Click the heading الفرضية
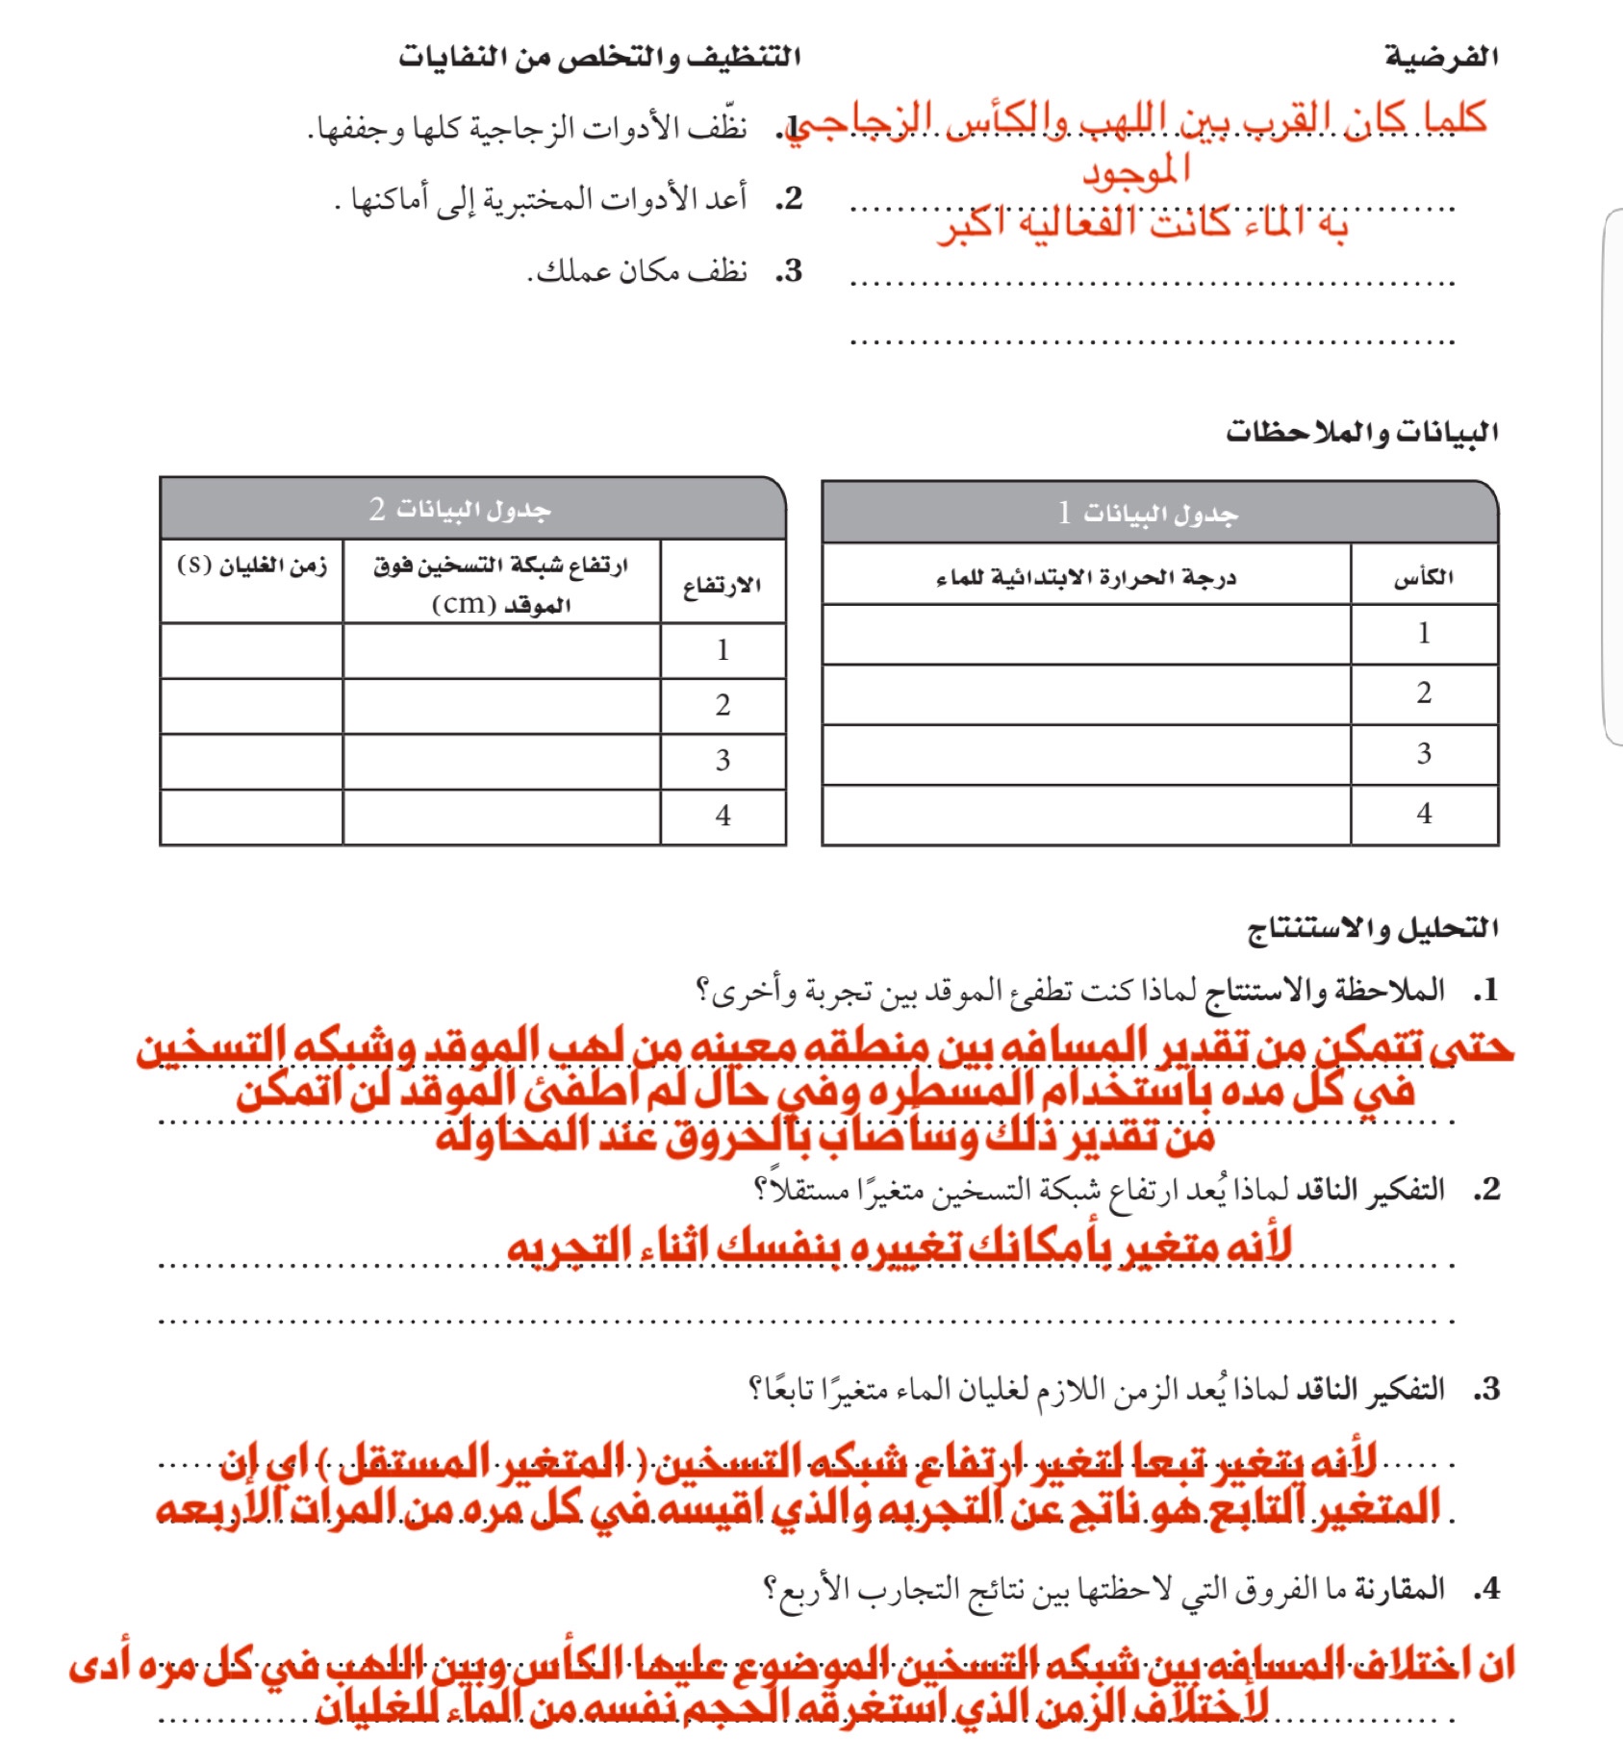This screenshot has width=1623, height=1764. point(1441,57)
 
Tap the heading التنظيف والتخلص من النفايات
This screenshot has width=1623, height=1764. point(599,57)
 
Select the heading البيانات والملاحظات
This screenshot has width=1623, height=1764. point(1361,433)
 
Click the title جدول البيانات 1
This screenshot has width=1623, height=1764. point(1148,513)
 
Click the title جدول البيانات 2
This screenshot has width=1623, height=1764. point(460,509)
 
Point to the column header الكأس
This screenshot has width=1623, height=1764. point(1424,577)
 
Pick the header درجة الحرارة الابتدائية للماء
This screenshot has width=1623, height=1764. point(1086,577)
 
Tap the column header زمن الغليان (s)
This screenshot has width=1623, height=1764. point(252,566)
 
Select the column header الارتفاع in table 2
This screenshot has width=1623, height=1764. point(723,585)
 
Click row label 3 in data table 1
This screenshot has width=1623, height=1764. point(1424,754)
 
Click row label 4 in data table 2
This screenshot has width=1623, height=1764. point(723,817)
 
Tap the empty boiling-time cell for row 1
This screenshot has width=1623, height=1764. point(252,651)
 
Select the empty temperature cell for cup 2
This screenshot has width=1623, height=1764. point(1086,693)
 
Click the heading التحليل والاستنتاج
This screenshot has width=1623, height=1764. point(1373,928)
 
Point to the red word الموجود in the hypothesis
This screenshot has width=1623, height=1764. point(1136,171)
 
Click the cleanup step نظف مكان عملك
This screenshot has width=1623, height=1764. point(639,272)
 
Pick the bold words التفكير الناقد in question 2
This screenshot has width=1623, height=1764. point(1370,1190)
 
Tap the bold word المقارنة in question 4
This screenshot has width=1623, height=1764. point(1400,1588)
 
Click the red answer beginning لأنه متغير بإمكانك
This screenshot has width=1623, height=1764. point(899,1247)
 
